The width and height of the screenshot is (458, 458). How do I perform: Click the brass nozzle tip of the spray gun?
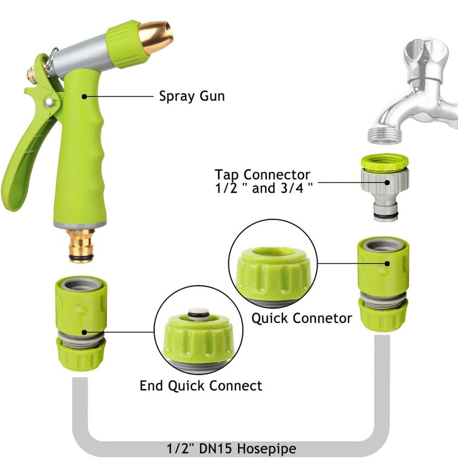tap(156, 37)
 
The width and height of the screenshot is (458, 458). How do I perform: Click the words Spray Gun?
tap(192, 96)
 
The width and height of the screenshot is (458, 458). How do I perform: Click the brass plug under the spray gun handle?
tap(81, 246)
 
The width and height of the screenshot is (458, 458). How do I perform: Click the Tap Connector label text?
tap(263, 181)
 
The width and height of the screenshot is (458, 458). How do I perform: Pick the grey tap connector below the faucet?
tap(385, 187)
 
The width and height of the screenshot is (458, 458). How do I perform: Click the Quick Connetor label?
tap(302, 318)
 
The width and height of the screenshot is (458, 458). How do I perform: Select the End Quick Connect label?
tap(201, 385)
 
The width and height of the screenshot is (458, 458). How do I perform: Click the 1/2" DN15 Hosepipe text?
tap(231, 448)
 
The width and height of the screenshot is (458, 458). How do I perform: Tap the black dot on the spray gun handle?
tap(84, 96)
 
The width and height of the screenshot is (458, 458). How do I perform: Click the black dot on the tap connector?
tap(388, 183)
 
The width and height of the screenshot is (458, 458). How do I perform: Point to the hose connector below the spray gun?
tap(81, 323)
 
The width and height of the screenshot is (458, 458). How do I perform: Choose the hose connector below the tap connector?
tap(383, 284)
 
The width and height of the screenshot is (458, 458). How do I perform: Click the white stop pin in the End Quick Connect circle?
tap(199, 314)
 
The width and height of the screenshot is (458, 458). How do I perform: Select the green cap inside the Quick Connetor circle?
tap(273, 275)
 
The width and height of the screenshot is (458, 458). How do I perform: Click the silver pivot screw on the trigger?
tap(49, 102)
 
